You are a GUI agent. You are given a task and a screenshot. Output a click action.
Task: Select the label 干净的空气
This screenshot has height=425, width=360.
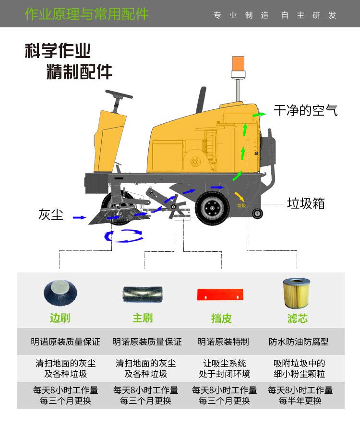[x=306, y=110]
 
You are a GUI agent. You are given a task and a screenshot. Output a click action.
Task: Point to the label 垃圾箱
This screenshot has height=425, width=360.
[x=306, y=203]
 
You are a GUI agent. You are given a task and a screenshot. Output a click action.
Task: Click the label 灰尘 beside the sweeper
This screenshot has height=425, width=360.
[x=51, y=214]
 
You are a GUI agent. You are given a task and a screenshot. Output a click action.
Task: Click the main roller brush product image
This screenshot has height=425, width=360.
[x=143, y=294]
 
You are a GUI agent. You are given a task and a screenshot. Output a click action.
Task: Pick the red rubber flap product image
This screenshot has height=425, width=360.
[x=221, y=294]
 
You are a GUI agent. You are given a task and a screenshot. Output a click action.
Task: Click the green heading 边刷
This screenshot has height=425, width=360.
[x=60, y=318]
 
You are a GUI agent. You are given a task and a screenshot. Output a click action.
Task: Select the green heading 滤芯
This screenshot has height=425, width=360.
[x=297, y=318]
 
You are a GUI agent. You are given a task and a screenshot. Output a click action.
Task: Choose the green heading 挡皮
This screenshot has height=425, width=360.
[x=221, y=318]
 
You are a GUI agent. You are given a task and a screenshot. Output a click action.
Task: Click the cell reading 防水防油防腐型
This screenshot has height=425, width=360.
[x=299, y=342]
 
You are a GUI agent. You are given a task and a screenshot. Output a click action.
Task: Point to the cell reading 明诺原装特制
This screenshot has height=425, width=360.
[x=223, y=342]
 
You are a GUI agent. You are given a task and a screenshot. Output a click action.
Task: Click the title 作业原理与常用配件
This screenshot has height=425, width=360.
[x=86, y=14]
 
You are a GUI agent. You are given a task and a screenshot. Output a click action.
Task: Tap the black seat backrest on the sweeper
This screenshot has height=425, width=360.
[x=201, y=100]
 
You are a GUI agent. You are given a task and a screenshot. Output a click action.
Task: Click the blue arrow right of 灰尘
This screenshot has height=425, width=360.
[x=79, y=218]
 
